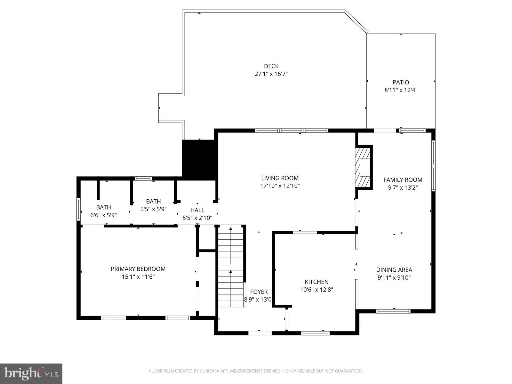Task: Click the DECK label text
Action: coord(271,66)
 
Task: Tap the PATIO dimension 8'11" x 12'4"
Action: coord(401,90)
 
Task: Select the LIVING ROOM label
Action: coord(280,178)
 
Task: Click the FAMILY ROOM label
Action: coord(403,180)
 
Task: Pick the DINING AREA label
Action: coord(394,270)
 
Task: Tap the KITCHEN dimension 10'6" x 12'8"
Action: coord(316,290)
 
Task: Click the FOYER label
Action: coord(259,292)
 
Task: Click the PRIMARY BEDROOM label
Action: coord(138,269)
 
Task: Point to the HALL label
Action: coord(197,210)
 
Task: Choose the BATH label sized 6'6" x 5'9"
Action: coord(103,207)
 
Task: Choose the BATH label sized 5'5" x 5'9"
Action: coord(153,202)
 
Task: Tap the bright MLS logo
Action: coord(31,373)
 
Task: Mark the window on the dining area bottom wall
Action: coord(393,311)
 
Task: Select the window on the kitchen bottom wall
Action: coord(316,333)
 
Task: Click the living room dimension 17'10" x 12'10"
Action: coord(280,186)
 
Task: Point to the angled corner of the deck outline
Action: coord(356,21)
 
